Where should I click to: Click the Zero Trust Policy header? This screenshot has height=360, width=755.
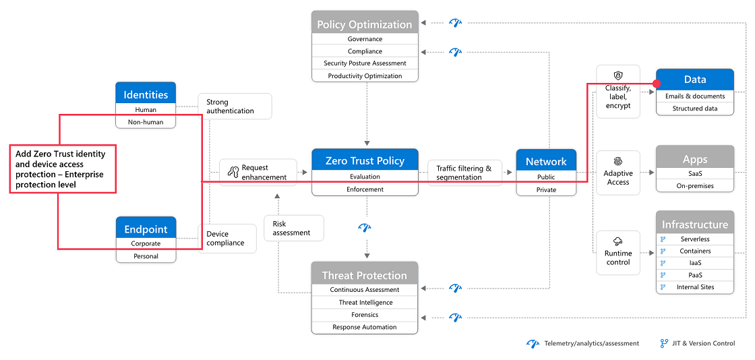pos(365,160)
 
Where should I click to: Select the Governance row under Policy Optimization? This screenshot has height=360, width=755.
pos(365,39)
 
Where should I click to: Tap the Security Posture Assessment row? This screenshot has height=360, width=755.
pos(365,63)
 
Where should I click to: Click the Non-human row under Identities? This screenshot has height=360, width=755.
pos(146,122)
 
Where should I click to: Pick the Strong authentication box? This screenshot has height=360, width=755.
pos(235,107)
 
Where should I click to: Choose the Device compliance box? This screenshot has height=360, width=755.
pos(227,239)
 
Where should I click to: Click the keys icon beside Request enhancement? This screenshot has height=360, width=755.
pos(233,172)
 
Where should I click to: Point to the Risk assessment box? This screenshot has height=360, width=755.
pos(294,228)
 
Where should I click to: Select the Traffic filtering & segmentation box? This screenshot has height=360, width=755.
pos(464,173)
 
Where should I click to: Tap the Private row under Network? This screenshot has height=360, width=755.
pos(546,189)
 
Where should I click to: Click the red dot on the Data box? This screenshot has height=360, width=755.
pos(657,84)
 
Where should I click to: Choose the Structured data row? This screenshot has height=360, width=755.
pos(695,109)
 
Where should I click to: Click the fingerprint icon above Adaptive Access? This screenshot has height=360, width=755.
pos(617,161)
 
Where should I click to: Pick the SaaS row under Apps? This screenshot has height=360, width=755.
pos(695,173)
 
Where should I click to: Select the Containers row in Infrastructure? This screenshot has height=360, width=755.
pos(695,251)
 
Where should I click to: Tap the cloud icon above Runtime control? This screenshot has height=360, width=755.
pos(617,241)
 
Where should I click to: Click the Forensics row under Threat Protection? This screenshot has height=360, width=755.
pos(365,315)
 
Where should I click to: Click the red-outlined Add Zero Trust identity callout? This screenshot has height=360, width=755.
pos(63,169)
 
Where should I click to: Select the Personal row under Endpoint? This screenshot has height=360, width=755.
pos(146,256)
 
